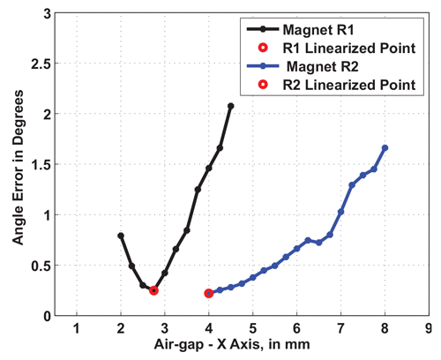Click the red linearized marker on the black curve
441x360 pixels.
pos(153,290)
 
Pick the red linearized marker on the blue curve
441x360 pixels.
pos(209,293)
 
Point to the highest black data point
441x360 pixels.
pos(230,106)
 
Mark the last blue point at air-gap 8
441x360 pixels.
pos(385,148)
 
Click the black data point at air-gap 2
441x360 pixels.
pos(121,236)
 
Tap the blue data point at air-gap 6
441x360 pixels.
pos(297,248)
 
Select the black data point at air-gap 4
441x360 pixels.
pos(209,168)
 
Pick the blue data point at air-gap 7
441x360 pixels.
pos(341,212)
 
